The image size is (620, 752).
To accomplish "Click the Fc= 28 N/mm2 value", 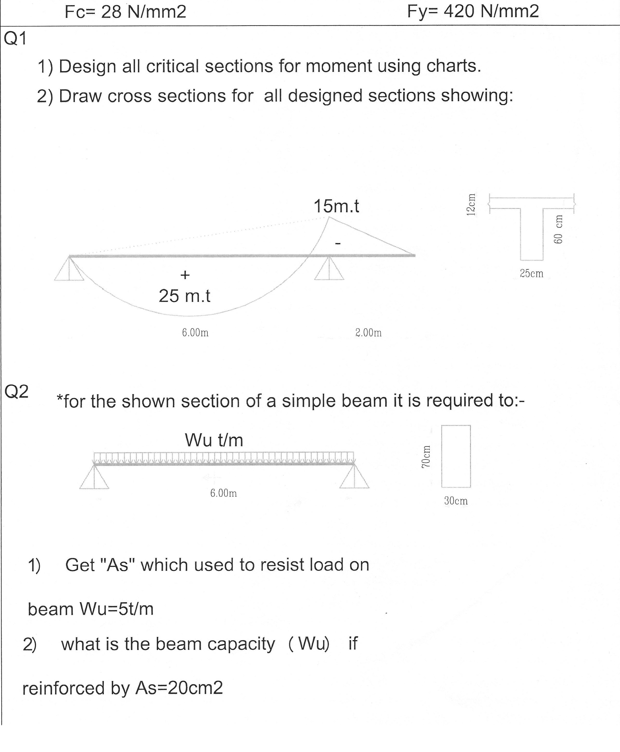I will pos(126,12).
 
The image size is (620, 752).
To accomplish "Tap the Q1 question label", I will pos(15,39).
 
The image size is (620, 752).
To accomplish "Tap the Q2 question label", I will pos(16,392).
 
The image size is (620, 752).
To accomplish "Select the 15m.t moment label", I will pos(336,206).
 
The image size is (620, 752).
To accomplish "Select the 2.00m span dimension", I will pos(368,333).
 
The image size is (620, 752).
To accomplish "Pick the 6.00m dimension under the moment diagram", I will pos(195,333).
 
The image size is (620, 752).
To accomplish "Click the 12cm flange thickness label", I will pos(471,205).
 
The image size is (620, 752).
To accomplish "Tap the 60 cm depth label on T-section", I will pos(558,229).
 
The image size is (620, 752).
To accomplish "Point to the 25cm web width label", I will pos(532,273).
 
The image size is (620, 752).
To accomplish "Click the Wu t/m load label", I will pos(214,440).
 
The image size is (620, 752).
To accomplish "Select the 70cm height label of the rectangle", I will pos(425,457).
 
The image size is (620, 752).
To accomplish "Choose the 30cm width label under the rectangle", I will pos(456,501).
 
